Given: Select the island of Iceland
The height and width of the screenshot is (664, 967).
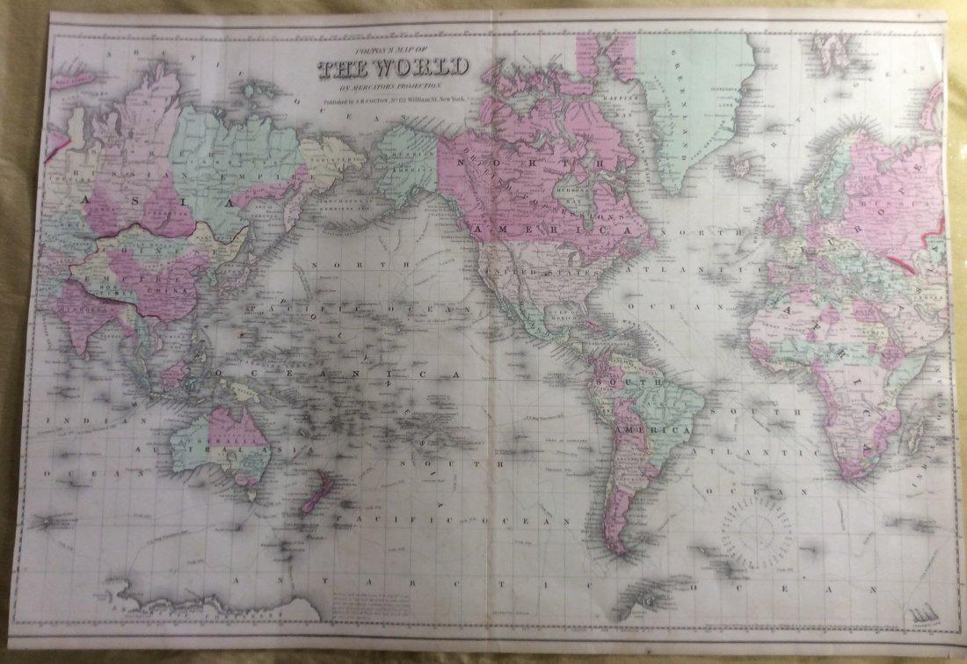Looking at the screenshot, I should pos(743,164).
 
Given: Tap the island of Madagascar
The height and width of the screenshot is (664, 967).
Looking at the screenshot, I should pos(916,431).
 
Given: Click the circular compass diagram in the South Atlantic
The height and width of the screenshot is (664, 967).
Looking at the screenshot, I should pos(757,531).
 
